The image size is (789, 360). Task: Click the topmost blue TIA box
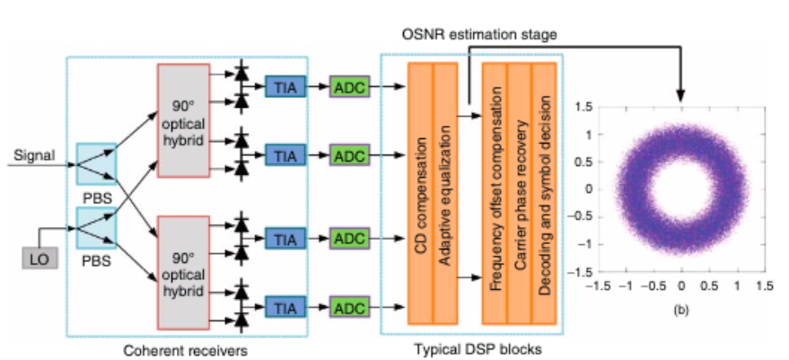pyautogui.click(x=285, y=86)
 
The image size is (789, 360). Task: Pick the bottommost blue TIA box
pyautogui.click(x=285, y=306)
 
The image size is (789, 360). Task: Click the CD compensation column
pyautogui.click(x=421, y=193)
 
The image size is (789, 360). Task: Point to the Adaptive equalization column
pyautogui.click(x=445, y=193)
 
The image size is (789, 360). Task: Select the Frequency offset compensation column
pyautogui.click(x=495, y=193)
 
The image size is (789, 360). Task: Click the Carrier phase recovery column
pyautogui.click(x=520, y=193)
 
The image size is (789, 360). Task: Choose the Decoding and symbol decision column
pyautogui.click(x=544, y=193)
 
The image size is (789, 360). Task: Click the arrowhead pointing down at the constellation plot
pyautogui.click(x=680, y=94)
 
